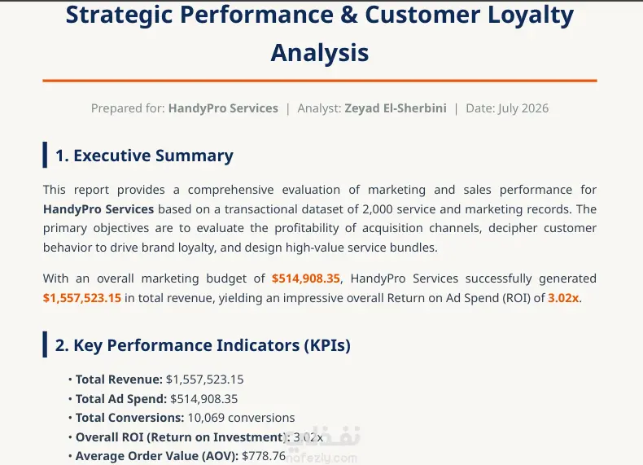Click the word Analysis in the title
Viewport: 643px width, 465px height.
coord(319,53)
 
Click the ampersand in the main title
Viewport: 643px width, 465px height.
coord(348,15)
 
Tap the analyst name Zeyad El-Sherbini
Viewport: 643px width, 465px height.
coord(396,108)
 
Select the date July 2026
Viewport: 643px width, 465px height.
coord(523,108)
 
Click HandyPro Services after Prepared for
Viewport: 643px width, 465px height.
coord(223,108)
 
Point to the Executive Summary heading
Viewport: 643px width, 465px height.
coord(144,156)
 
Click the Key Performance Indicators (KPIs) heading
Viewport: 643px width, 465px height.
coord(203,345)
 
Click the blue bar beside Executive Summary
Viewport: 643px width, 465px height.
coord(45,155)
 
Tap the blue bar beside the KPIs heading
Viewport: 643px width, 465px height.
coord(45,344)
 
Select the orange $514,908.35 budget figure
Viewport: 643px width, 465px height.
coord(306,279)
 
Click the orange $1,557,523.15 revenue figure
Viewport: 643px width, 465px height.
coord(82,298)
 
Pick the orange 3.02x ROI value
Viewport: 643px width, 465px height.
coord(563,298)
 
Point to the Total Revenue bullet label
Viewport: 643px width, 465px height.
coord(119,379)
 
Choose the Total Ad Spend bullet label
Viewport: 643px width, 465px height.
coord(121,399)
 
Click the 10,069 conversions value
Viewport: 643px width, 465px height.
coord(241,418)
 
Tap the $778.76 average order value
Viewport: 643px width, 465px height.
coord(264,456)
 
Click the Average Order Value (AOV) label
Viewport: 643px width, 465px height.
coord(157,456)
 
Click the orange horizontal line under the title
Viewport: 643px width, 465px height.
coord(320,81)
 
